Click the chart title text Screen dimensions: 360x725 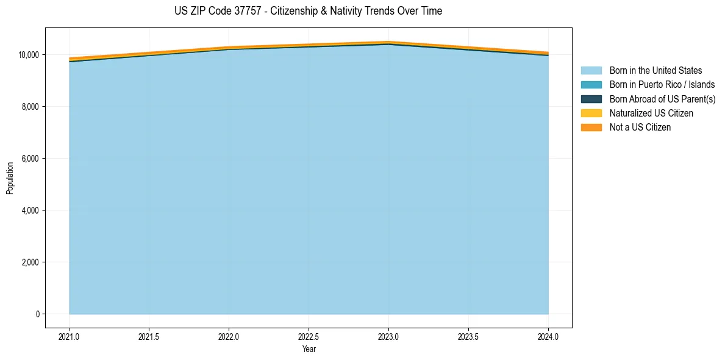coord(308,11)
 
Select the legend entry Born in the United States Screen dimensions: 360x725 coord(655,71)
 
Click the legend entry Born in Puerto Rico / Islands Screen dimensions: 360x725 coord(662,85)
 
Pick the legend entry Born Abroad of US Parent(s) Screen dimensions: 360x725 coord(662,99)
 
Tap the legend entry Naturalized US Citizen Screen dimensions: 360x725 coord(651,113)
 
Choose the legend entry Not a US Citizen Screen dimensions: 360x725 coord(640,128)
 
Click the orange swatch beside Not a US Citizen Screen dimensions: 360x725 coord(591,128)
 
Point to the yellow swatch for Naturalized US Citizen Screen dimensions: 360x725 coord(591,113)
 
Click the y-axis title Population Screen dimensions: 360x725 coord(10,178)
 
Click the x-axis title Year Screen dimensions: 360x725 coord(309,350)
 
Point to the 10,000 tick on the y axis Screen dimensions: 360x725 coord(29,55)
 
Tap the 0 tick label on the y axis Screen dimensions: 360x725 coord(37,314)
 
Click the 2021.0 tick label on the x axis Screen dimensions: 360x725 coord(70,336)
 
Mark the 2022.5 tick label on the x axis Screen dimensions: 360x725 coord(309,336)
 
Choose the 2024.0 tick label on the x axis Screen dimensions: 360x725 coord(548,336)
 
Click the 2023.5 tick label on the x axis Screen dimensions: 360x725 coord(468,336)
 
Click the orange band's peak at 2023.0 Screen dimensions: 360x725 coord(388,42)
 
